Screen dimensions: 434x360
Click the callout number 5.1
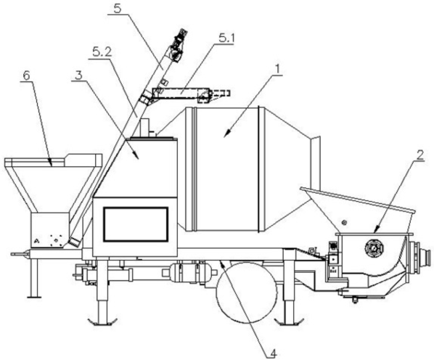coord(226,38)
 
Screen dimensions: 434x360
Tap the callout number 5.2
coord(102,53)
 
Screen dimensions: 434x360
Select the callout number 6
coord(26,76)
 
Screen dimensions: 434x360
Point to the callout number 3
coord(79,75)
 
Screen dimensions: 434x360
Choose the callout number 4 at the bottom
coord(273,353)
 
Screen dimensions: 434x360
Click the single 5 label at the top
coord(118,8)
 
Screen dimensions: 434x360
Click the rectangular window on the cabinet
coord(136,224)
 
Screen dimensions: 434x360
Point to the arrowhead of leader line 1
coord(226,134)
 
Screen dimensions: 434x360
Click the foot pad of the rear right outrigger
coord(290,322)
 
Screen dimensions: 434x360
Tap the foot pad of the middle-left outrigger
coord(102,322)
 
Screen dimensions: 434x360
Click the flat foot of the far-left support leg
coord(34,297)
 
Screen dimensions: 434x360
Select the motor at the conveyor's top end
coord(179,44)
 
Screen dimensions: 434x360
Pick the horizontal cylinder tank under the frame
coord(189,273)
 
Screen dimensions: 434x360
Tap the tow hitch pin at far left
coord(20,253)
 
